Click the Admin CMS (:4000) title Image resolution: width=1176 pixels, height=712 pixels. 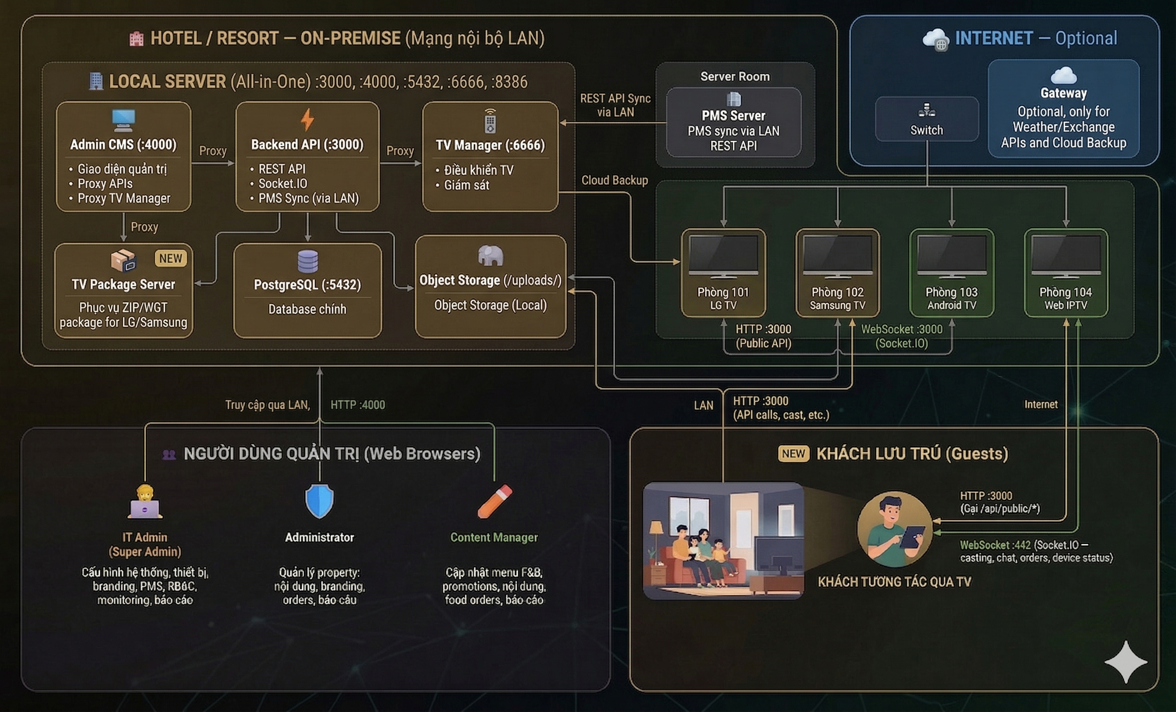(x=123, y=144)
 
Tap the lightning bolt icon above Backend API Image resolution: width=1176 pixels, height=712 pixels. (x=308, y=119)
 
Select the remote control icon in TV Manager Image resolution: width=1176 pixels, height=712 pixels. (x=490, y=121)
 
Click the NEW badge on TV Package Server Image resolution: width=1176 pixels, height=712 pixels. (x=170, y=258)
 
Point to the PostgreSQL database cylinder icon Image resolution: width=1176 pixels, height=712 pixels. (x=308, y=261)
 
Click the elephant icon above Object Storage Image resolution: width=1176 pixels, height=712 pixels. (x=490, y=255)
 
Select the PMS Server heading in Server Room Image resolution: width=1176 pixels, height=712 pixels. (x=733, y=116)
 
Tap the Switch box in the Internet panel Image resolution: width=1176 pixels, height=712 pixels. (x=926, y=119)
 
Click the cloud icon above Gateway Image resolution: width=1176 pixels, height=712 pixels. (x=1063, y=75)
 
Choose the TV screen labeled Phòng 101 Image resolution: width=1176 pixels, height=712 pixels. (x=723, y=255)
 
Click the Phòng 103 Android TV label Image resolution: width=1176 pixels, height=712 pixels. (x=951, y=298)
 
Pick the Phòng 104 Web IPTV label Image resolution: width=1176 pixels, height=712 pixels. (x=1065, y=298)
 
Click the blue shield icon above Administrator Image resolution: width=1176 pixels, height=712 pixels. (x=319, y=501)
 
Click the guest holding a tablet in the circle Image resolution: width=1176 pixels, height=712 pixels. (x=894, y=529)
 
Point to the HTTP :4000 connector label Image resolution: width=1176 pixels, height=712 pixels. (x=357, y=405)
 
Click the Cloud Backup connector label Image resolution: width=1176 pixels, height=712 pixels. (x=614, y=180)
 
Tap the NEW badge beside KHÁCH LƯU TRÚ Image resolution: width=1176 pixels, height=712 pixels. (x=793, y=453)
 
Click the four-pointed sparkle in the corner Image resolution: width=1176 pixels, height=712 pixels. (x=1125, y=662)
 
